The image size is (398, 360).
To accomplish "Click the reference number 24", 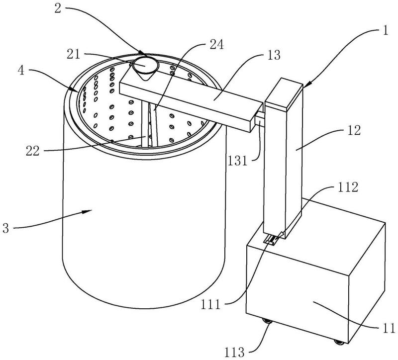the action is click(x=216, y=45).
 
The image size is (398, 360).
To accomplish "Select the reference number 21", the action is click(x=73, y=54).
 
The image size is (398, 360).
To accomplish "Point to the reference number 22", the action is click(x=33, y=151).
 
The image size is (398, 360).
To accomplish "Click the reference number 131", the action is click(x=237, y=161).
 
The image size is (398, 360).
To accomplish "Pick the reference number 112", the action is click(x=348, y=187).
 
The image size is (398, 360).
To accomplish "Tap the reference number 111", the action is click(x=210, y=304).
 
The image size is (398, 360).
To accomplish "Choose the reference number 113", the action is click(x=234, y=353).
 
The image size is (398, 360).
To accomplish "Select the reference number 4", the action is click(x=21, y=71).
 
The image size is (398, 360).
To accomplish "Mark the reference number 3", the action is click(x=6, y=228).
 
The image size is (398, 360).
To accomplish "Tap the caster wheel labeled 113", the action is click(x=267, y=321).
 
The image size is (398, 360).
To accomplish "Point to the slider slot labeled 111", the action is click(x=271, y=240).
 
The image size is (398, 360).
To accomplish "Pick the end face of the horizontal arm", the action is click(x=256, y=117).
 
